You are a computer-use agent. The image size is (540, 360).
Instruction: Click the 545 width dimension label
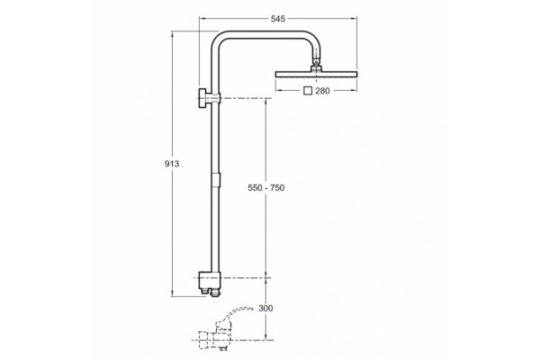pos(278,19)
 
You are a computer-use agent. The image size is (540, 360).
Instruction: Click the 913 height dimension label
pos(172,164)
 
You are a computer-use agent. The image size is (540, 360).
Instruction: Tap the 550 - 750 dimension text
pos(266,188)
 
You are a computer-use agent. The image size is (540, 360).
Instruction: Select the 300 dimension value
pos(265,308)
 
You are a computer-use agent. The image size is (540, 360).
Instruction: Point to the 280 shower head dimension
pos(322,91)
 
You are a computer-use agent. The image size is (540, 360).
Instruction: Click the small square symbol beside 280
pos(308,91)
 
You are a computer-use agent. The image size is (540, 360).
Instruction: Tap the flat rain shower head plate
pos(316,75)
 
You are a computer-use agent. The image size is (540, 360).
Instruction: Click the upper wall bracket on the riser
pos(209,98)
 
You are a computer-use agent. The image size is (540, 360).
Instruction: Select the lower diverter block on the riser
pos(209,280)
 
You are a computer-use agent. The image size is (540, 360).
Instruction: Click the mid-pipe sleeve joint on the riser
pos(215,179)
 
